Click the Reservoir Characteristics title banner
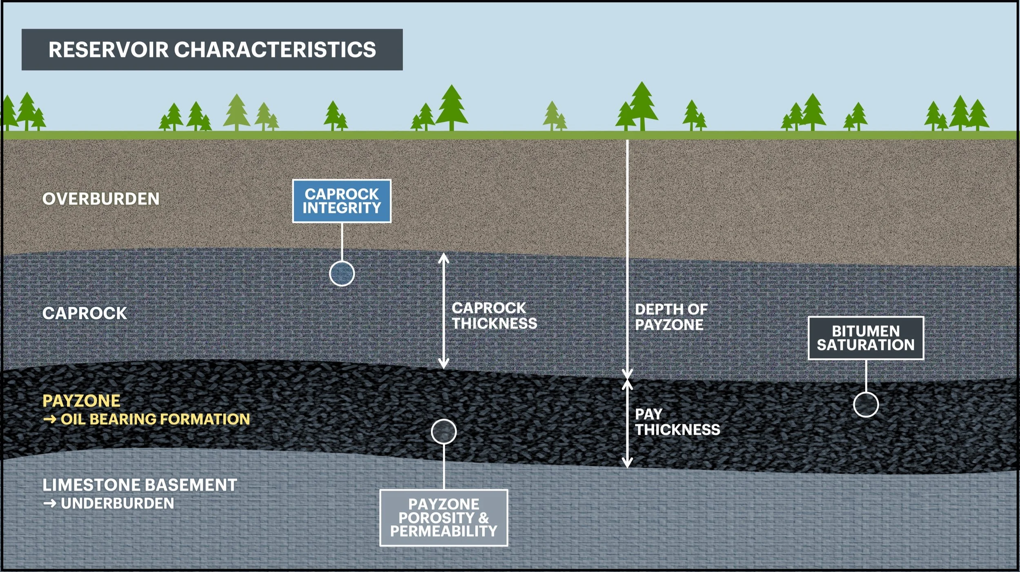tap(212, 49)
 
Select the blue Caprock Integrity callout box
tap(341, 201)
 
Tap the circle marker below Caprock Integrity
tap(342, 273)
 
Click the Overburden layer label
tap(101, 199)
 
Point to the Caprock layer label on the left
tap(85, 313)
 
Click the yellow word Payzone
tap(81, 401)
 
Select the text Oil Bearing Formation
tap(155, 419)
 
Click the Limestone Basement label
tap(140, 485)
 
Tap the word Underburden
tap(117, 503)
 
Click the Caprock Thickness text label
tap(494, 316)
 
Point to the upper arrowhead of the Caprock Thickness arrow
tap(444, 257)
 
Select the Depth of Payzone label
tap(671, 317)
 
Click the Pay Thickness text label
tap(677, 422)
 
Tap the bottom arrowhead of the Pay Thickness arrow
tap(627, 463)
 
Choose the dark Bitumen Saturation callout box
tap(866, 338)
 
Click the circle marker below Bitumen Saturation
tap(866, 404)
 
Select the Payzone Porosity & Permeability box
tap(443, 518)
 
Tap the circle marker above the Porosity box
tap(444, 431)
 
